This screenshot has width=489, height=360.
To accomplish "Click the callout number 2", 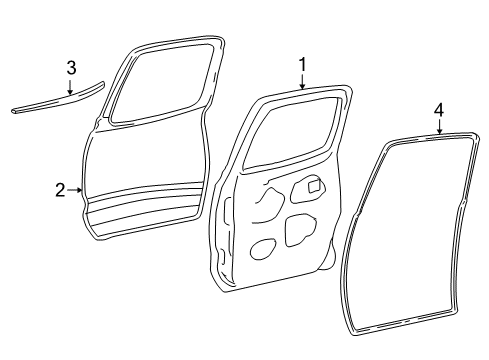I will coord(60,189).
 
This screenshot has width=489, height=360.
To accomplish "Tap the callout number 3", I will coord(71,68).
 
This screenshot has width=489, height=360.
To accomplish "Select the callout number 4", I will coord(438,108).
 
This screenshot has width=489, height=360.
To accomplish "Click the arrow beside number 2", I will coord(76,189).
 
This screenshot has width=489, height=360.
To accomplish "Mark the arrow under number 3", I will coord(71,88).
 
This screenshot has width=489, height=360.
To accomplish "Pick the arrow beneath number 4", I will coord(438,126).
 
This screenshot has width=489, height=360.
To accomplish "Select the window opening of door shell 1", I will coord(295,130).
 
